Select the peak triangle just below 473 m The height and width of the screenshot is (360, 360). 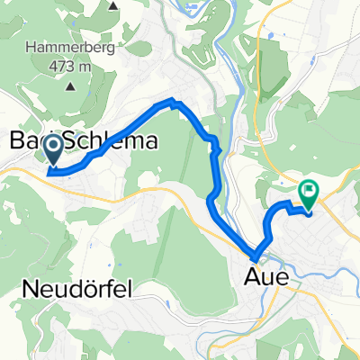71,86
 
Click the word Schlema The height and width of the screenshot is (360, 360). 112,141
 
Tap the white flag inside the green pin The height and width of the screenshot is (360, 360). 310,190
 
